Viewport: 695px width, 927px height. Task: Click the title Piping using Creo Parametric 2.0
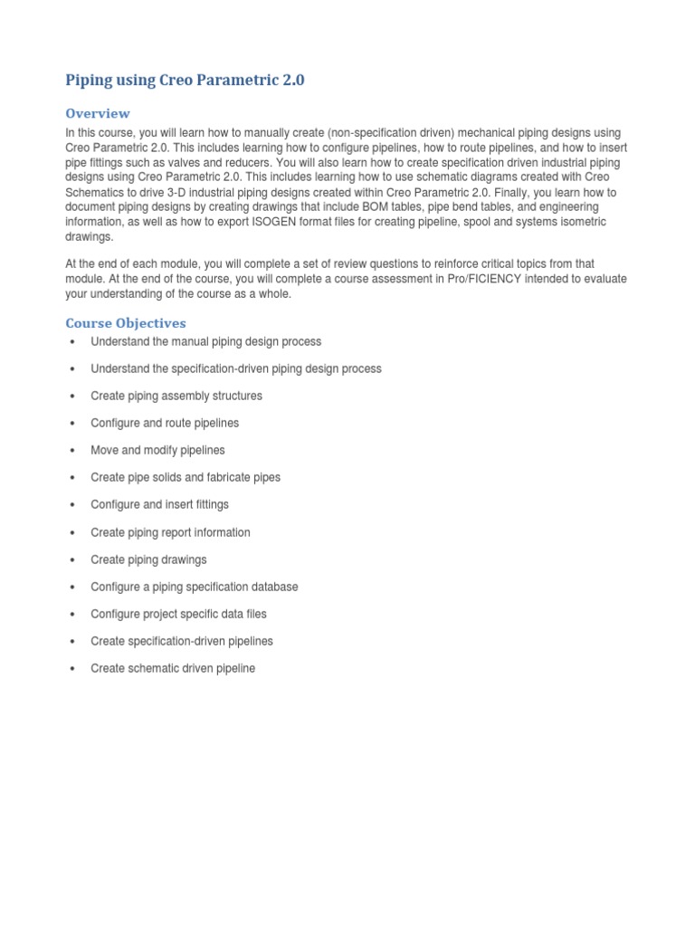186,80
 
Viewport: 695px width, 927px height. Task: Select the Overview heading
98,113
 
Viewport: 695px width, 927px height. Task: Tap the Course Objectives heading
126,322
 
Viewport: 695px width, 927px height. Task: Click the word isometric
579,222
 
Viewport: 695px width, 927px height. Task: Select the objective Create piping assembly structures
176,396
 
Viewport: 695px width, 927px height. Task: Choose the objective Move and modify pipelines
157,450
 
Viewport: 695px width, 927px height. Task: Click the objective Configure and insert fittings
159,504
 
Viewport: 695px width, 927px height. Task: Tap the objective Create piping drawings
148,559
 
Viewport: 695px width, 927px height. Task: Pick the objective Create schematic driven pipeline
173,668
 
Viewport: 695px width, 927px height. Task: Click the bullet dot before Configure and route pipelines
71,424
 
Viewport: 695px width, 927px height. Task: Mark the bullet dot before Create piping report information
71,532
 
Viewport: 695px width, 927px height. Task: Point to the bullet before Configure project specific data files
71,614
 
